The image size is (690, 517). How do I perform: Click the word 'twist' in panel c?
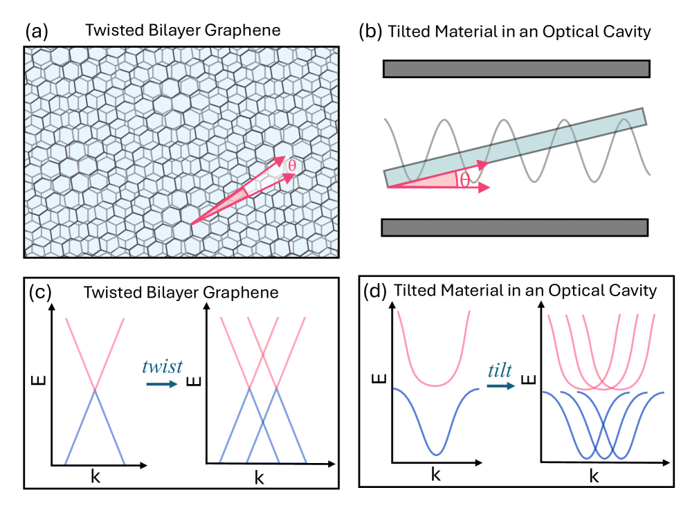[164, 366]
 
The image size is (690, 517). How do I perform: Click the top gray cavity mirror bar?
[516, 68]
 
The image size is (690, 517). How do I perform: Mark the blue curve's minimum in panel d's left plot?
[435, 453]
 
